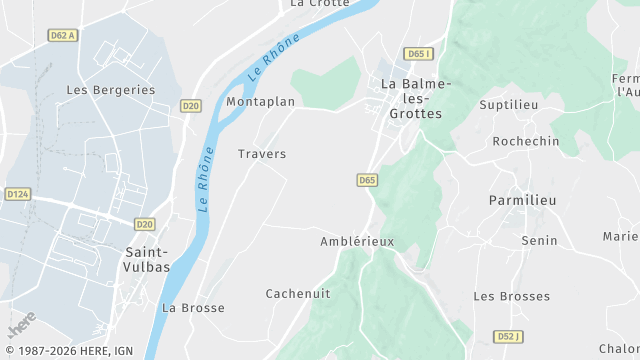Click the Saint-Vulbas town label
tap(146, 260)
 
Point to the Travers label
tap(262, 154)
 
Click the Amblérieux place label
tap(357, 242)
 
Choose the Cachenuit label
tap(298, 294)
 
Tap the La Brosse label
tap(193, 308)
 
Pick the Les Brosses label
tap(511, 297)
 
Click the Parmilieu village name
tap(522, 201)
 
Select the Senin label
tap(539, 241)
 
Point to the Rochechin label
tap(526, 142)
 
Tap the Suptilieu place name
tap(509, 104)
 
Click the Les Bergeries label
tap(111, 90)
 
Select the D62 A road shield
tap(64, 35)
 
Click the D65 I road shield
tap(419, 53)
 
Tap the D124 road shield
tap(18, 194)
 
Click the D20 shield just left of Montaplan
tap(191, 105)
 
